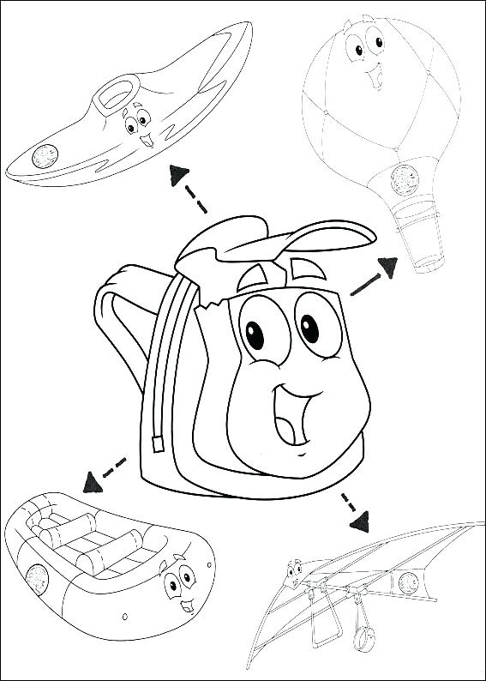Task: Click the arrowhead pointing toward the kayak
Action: (177, 174)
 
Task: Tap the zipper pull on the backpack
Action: (158, 443)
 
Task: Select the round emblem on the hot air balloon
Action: (401, 178)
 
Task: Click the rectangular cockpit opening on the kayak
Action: (113, 92)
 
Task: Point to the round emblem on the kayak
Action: (44, 156)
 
